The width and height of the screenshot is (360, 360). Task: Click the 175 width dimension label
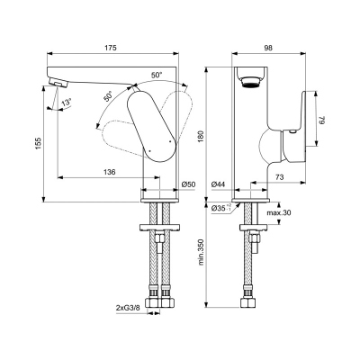point(112,48)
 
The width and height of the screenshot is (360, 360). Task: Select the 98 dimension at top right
point(268,48)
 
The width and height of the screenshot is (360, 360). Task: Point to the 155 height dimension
point(38,143)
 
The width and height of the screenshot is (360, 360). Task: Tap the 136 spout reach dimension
point(109,172)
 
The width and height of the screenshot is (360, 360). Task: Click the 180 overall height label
point(201,137)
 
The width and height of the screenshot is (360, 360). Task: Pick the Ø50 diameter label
point(188,184)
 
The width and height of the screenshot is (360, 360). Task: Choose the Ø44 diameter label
point(218,184)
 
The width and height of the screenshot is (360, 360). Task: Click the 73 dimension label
point(279,177)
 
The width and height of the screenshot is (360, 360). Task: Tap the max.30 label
point(279,212)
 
